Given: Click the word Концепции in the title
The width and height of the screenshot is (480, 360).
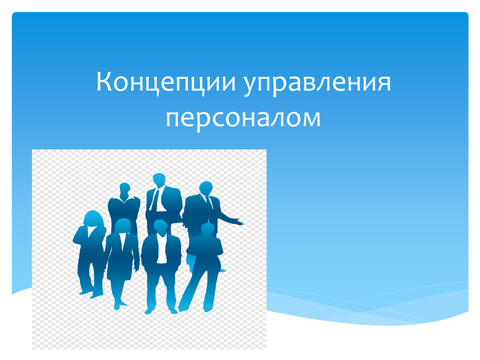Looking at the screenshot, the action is (x=166, y=82).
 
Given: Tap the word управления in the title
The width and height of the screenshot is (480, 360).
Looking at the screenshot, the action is (x=317, y=84).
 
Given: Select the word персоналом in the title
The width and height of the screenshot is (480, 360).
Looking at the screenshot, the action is (x=243, y=119).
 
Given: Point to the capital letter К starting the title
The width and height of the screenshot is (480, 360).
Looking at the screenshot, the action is (x=105, y=81).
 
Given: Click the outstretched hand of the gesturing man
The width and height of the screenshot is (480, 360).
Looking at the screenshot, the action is (x=237, y=222).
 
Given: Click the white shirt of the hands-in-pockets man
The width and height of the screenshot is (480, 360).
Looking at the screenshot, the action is (x=162, y=248).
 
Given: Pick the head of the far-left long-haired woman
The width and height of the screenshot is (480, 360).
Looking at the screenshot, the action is (x=92, y=219).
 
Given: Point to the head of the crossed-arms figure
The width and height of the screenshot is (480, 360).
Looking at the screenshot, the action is (x=208, y=230).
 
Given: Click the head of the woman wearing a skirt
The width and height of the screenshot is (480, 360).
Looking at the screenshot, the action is (x=122, y=226).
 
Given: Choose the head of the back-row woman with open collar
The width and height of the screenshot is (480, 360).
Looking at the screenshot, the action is (x=124, y=190).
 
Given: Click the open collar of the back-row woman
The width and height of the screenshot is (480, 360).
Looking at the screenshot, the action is (x=124, y=200).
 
